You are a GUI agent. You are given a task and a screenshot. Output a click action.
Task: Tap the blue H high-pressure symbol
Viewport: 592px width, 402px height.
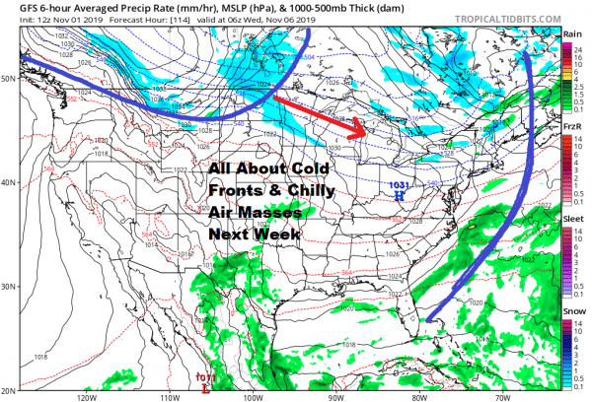[400, 196]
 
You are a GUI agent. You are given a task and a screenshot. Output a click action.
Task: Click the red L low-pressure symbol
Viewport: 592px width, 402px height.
[204, 387]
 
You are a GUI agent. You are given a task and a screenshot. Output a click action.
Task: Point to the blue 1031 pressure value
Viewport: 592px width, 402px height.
[400, 185]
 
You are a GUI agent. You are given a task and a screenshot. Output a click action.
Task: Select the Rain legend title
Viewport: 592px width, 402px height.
[572, 33]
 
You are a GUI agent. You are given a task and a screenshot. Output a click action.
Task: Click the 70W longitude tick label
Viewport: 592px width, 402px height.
[499, 396]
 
